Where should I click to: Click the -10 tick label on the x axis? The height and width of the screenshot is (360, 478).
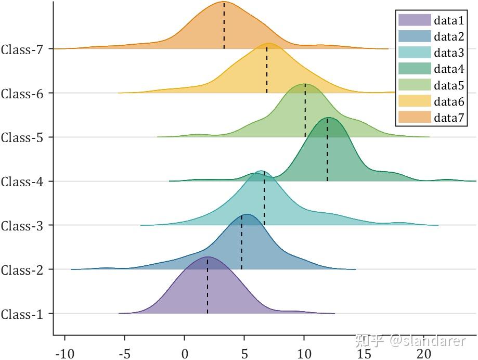[x=64, y=353]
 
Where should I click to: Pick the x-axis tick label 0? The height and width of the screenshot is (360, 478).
[x=185, y=353]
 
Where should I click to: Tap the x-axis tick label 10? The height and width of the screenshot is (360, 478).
[x=304, y=353]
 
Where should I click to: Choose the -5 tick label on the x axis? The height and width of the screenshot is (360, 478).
[x=124, y=353]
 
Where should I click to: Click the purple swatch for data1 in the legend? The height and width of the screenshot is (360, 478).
[x=415, y=20]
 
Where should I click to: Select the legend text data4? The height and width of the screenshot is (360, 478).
[x=449, y=69]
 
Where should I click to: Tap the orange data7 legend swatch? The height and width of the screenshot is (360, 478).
[x=415, y=117]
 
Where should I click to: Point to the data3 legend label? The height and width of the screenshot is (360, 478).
[x=449, y=53]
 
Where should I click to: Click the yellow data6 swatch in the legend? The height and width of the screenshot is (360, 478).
[x=415, y=101]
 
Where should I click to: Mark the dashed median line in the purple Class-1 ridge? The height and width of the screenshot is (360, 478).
[x=208, y=286]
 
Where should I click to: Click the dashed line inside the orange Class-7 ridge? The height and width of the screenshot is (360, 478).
[x=224, y=26]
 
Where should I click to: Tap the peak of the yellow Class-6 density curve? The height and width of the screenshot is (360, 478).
[x=268, y=44]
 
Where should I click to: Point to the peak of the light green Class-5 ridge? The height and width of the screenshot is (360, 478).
[x=305, y=84]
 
